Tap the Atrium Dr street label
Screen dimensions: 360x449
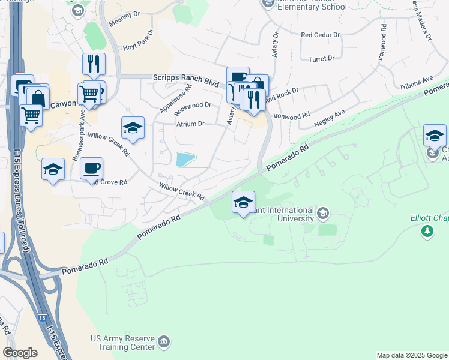pyautogui.click(x=190, y=124)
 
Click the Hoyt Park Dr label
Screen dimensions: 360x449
pyautogui.click(x=137, y=36)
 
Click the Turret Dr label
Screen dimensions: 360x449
pyautogui.click(x=321, y=59)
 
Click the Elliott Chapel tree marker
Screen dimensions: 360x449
pyautogui.click(x=427, y=231)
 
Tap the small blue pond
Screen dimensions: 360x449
pyautogui.click(x=185, y=159)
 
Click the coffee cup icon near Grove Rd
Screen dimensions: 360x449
pyautogui.click(x=91, y=168)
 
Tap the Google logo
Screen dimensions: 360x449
pyautogui.click(x=20, y=353)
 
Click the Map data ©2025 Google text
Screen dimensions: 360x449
pyautogui.click(x=411, y=355)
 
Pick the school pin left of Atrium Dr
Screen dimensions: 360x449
pyautogui.click(x=133, y=128)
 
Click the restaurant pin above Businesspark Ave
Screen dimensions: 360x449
pyautogui.click(x=94, y=64)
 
